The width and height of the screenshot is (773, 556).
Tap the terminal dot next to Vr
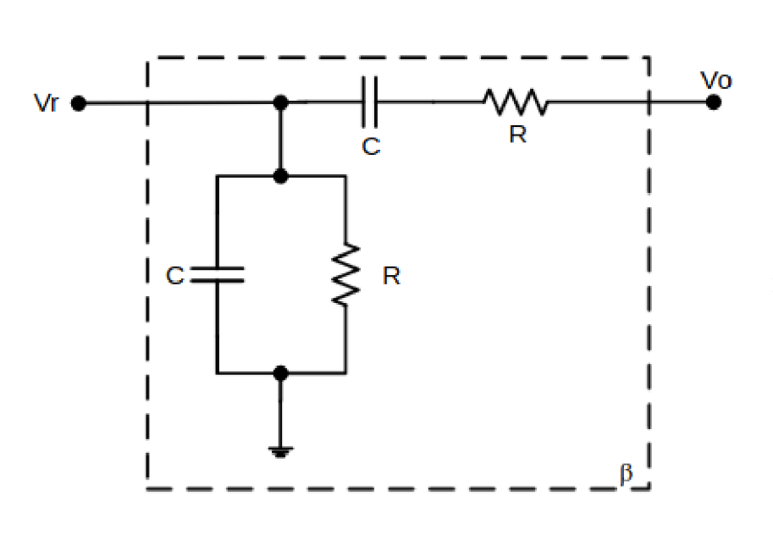(x=79, y=103)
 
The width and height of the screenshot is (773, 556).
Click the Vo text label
(x=716, y=80)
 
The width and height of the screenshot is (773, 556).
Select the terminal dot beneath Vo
(x=714, y=102)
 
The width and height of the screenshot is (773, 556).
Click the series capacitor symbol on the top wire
(x=369, y=103)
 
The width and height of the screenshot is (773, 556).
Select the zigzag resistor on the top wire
(x=516, y=103)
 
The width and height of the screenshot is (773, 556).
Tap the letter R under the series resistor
(x=517, y=135)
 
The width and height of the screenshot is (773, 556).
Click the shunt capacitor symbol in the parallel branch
(x=218, y=274)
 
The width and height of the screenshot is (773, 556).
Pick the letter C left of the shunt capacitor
(x=174, y=276)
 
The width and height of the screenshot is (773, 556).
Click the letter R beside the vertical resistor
(x=390, y=276)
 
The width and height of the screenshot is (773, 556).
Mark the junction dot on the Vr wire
(x=282, y=103)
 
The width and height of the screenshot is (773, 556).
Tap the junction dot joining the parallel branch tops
(x=282, y=176)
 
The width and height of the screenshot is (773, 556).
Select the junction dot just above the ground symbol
(x=282, y=372)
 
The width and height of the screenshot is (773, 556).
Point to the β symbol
(x=626, y=473)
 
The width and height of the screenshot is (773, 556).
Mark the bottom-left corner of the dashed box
(x=148, y=489)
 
